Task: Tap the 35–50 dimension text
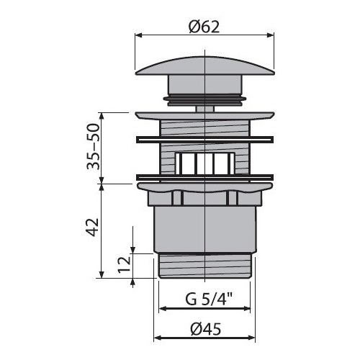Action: point(93,147)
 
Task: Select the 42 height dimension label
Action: point(93,227)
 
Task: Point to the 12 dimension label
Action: point(125,264)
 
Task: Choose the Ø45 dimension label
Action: point(205,329)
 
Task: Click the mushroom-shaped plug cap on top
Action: point(204,66)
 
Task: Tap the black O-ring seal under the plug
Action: point(204,99)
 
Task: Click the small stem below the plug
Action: point(204,109)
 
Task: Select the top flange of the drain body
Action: point(204,115)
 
